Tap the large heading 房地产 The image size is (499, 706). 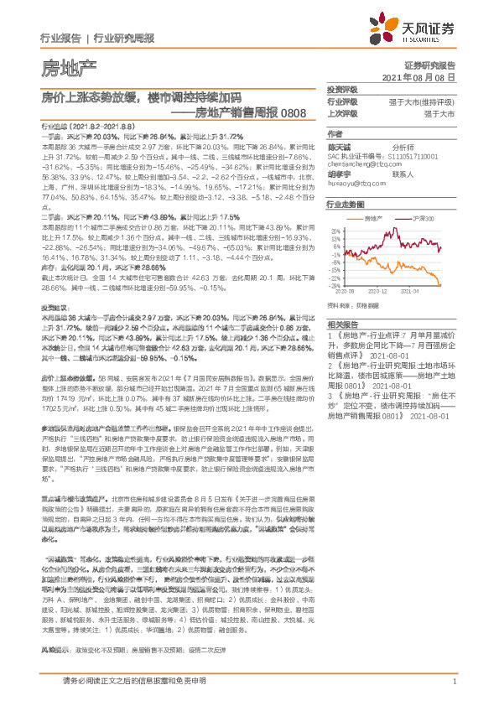pos(69,65)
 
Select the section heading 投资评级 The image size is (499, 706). pos(342,89)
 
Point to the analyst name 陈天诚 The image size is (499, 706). pos(340,146)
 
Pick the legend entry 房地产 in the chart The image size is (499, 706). pos(373,217)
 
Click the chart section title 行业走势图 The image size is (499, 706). pos(346,204)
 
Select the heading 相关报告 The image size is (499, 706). pos(342,323)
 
